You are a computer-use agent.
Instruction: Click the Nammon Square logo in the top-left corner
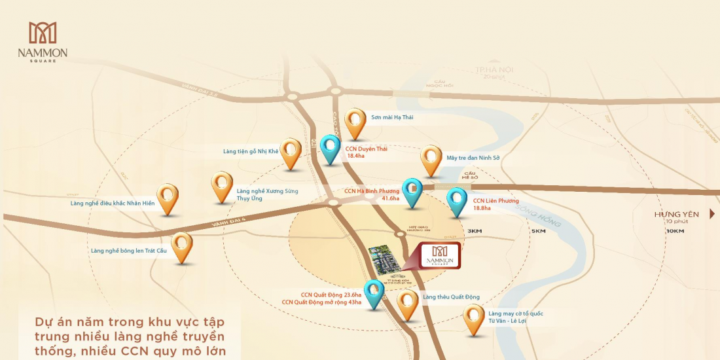(x=43, y=41)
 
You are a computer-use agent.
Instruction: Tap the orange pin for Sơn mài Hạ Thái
(x=355, y=122)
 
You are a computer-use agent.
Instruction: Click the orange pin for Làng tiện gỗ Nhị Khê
(x=291, y=153)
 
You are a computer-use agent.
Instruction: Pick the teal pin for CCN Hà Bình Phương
(x=412, y=191)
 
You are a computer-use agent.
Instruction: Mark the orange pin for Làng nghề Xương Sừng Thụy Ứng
(x=223, y=186)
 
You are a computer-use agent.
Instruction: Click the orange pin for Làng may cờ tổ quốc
(x=474, y=318)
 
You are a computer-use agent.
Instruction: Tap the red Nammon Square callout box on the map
(x=440, y=254)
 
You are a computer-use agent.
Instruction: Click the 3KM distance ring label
(x=475, y=231)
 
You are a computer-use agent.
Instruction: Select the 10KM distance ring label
(x=675, y=231)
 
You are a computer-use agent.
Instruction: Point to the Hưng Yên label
(x=677, y=214)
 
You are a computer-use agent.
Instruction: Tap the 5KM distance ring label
(x=539, y=231)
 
